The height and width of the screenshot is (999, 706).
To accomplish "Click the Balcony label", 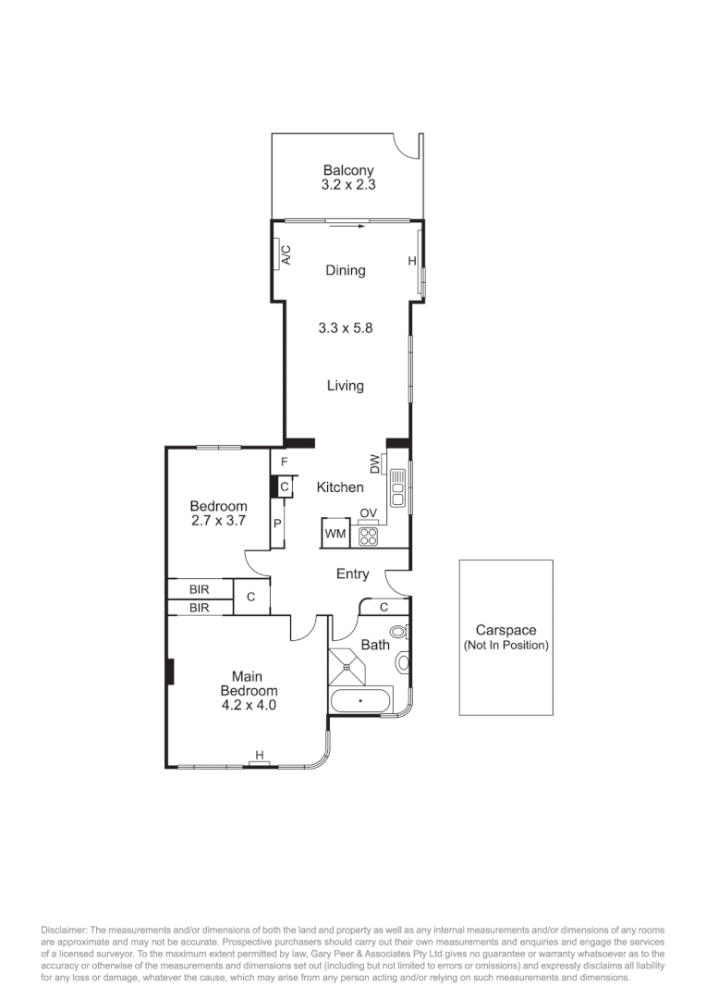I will click(348, 170).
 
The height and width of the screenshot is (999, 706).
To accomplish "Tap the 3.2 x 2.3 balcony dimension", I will click(348, 185).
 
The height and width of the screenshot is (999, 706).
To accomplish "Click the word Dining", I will click(346, 271).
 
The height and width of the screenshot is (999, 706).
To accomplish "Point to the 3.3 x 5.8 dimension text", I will click(345, 327).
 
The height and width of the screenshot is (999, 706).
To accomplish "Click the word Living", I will click(345, 386).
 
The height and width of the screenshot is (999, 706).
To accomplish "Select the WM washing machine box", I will click(334, 535).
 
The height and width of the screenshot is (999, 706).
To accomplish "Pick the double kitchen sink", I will click(397, 487).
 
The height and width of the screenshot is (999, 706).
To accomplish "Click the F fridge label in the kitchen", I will click(285, 462).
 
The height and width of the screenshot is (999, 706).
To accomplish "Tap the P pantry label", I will click(276, 524).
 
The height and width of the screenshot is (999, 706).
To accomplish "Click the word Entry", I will click(352, 574).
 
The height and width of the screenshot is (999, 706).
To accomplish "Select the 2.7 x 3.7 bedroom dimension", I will click(218, 521).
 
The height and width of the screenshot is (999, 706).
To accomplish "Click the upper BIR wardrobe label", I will click(199, 588).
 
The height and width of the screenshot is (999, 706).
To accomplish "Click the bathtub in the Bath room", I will click(360, 702).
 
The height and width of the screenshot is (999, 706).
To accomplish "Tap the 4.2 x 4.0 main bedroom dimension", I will click(248, 705).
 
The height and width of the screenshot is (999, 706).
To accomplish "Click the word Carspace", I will click(505, 631).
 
